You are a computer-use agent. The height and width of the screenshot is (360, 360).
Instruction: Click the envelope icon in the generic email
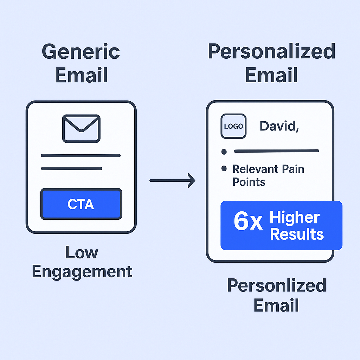[x=81, y=129]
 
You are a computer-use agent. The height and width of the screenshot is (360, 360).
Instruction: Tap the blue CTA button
[x=81, y=204]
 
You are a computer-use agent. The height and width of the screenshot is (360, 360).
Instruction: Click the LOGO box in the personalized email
[x=233, y=126]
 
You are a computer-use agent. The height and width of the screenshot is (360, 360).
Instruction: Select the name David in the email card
[x=279, y=126]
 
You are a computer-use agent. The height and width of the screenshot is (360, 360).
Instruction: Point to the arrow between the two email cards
[x=172, y=181]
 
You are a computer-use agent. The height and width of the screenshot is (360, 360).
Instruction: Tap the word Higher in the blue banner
[x=295, y=218]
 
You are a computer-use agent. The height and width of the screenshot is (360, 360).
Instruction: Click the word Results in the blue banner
[x=297, y=234]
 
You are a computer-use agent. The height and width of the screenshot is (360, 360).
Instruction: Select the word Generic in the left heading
[x=81, y=52]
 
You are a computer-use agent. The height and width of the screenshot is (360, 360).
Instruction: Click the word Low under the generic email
[x=82, y=252]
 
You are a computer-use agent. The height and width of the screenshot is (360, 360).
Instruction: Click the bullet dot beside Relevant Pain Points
[x=224, y=169]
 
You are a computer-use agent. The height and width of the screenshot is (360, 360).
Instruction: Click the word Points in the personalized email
[x=249, y=182]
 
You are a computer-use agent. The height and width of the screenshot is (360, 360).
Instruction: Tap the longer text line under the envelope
[x=81, y=155]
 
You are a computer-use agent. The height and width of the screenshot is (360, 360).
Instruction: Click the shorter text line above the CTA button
[x=72, y=169]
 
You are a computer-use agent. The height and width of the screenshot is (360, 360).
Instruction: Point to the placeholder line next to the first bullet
[x=276, y=151]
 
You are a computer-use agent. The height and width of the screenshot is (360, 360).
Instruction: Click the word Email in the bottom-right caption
[x=276, y=305]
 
